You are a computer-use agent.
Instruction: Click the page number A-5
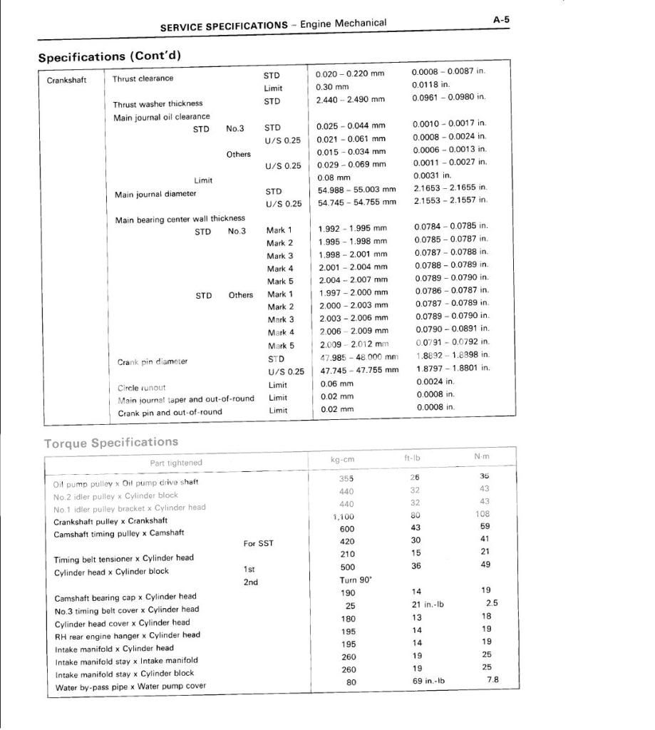[501, 20]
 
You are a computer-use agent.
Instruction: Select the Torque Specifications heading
[111, 443]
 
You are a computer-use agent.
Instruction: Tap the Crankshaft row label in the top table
[67, 80]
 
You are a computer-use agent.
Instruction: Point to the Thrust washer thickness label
[158, 104]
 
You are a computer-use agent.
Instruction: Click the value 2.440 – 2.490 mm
[350, 100]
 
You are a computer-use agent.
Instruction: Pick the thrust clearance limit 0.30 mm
[331, 88]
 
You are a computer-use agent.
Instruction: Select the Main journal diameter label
[155, 194]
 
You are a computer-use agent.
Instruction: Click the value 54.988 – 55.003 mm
[356, 190]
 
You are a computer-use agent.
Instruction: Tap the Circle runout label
[141, 389]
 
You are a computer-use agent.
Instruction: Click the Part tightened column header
[176, 463]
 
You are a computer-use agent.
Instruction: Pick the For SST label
[259, 544]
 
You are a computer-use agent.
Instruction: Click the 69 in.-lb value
[429, 681]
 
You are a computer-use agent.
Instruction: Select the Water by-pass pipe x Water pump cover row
[130, 687]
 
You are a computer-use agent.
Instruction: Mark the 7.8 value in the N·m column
[492, 680]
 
